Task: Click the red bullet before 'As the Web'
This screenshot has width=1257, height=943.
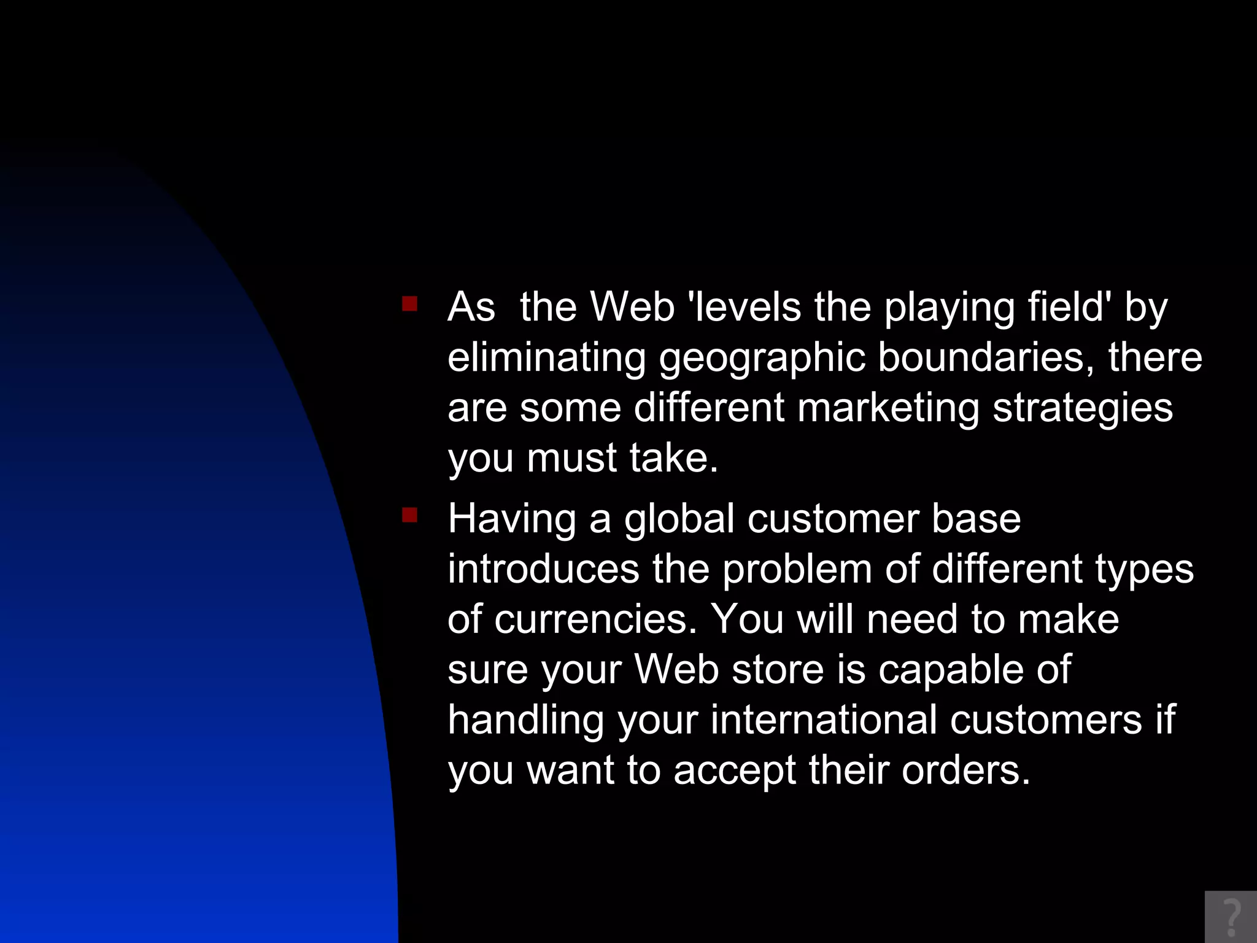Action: click(x=409, y=304)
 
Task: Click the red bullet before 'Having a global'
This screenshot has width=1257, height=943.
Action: click(x=409, y=514)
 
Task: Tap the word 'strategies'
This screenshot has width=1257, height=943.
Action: click(x=1083, y=408)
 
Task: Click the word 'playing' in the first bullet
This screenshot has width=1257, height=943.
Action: click(x=949, y=308)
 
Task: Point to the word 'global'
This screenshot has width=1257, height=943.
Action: click(x=679, y=519)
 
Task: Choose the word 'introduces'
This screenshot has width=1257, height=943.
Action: click(x=543, y=569)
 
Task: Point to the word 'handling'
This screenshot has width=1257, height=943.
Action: click(x=526, y=721)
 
